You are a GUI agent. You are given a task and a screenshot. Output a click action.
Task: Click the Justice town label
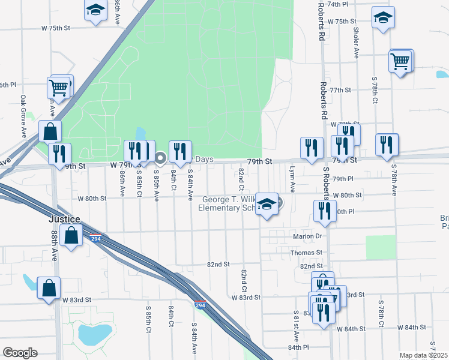(65, 220)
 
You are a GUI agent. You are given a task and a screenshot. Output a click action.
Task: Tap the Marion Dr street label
(308, 236)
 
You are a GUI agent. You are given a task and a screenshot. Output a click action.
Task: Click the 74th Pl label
(338, 4)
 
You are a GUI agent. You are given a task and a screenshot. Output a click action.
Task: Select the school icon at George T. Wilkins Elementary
(267, 205)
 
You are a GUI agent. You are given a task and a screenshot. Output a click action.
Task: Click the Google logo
(20, 352)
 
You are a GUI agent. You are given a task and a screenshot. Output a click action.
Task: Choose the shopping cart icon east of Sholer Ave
(400, 61)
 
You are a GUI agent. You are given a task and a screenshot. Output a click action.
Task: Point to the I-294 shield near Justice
(95, 238)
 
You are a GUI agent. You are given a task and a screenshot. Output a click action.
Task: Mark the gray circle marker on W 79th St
(160, 158)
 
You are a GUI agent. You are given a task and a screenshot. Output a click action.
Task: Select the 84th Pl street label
(298, 347)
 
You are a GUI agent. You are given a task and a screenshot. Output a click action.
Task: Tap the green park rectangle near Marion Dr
(381, 247)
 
